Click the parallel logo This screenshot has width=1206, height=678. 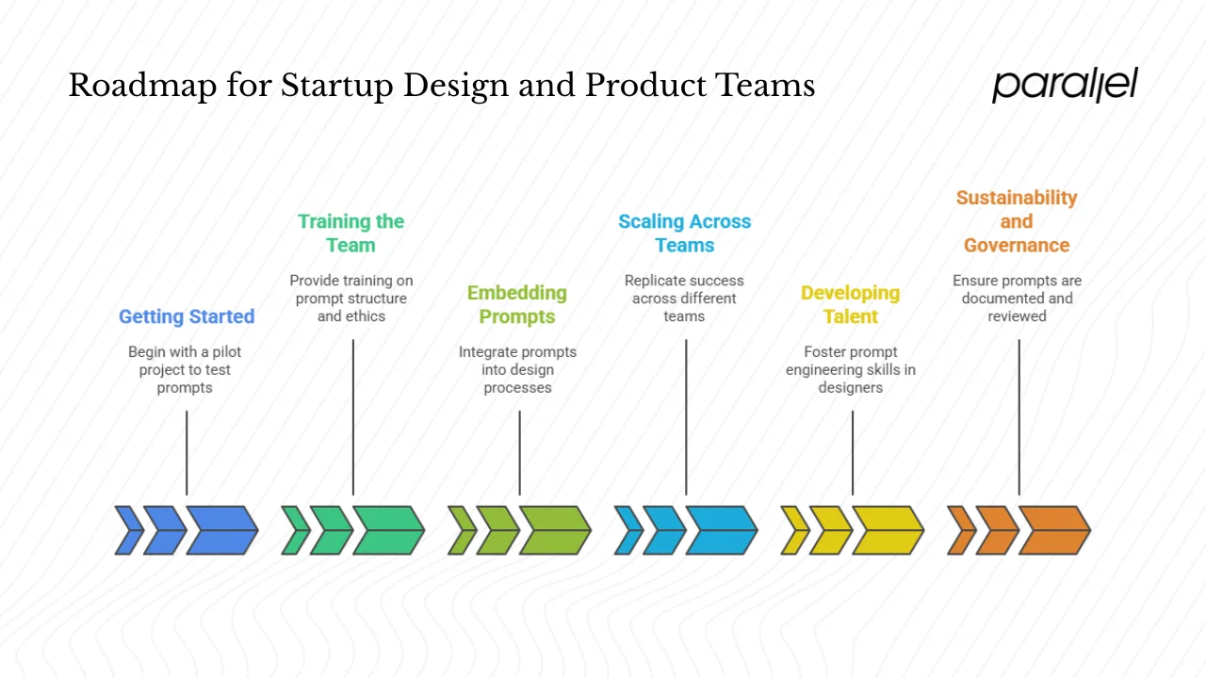1065,85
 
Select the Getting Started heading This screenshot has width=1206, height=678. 187,316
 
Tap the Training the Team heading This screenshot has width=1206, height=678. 350,234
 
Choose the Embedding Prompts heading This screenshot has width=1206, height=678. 517,304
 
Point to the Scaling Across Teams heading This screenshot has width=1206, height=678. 685,234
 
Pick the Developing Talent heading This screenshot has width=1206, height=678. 850,304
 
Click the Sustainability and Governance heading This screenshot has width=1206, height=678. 1017,221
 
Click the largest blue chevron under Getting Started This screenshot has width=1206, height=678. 221,530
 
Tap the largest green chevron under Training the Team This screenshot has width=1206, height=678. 388,530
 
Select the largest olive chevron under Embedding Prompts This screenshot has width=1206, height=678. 554,530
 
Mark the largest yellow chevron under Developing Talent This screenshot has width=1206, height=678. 888,530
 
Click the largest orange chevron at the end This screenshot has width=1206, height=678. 1053,530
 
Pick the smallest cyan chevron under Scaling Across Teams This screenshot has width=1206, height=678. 627,530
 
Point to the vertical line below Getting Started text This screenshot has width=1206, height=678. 187,452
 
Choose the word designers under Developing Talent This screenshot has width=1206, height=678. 850,388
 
